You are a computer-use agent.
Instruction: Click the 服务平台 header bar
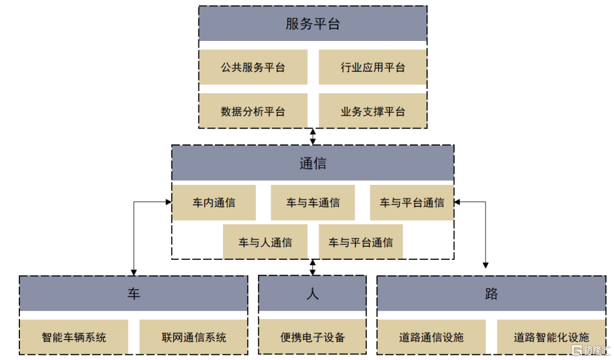[313, 24]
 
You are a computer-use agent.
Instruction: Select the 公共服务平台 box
[253, 67]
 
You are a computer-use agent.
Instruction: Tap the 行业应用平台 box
[372, 67]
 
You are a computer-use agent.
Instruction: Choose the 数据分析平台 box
[253, 111]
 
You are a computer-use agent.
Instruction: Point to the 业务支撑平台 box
[372, 111]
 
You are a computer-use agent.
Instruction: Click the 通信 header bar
[313, 163]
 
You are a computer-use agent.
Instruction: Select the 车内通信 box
[214, 202]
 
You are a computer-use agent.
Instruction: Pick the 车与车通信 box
[313, 202]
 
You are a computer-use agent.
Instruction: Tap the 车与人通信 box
[265, 242]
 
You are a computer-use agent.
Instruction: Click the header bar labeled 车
[134, 293]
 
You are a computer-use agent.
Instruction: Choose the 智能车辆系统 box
[74, 337]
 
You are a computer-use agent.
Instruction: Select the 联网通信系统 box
[193, 337]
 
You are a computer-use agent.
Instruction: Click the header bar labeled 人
[313, 293]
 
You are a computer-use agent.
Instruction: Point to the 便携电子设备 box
[313, 337]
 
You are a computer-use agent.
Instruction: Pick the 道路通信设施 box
[432, 337]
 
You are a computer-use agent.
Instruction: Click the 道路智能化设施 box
[551, 337]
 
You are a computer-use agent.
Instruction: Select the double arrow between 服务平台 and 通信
[313, 136]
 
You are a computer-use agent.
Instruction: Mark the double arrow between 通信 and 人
[313, 267]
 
